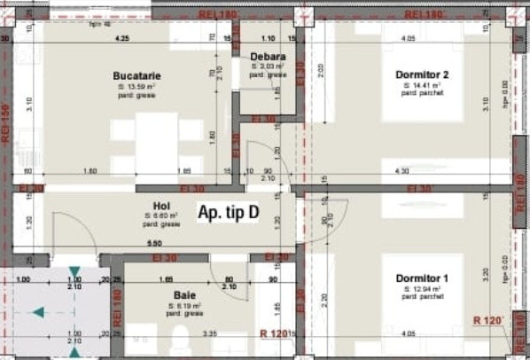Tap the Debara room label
click(266, 58)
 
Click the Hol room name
click(160, 206)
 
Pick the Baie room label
click(184, 293)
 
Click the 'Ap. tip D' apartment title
click(229, 214)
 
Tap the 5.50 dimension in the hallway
click(154, 245)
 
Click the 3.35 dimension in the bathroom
click(210, 334)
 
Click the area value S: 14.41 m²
click(424, 86)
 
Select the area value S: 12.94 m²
click(424, 290)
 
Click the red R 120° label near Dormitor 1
click(488, 319)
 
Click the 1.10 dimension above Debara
click(268, 39)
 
